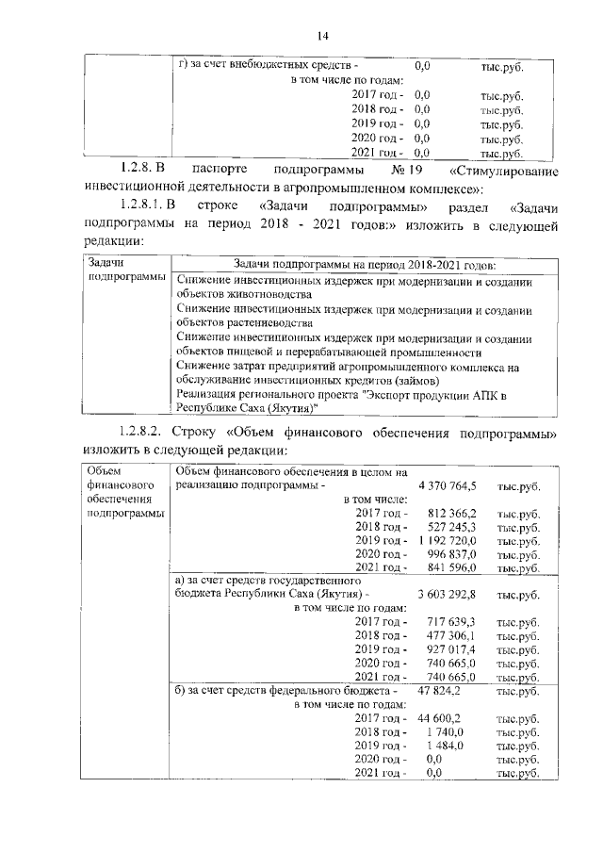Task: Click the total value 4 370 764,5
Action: (x=447, y=485)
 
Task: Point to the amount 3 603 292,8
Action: (x=447, y=595)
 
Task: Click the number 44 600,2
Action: (x=439, y=718)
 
